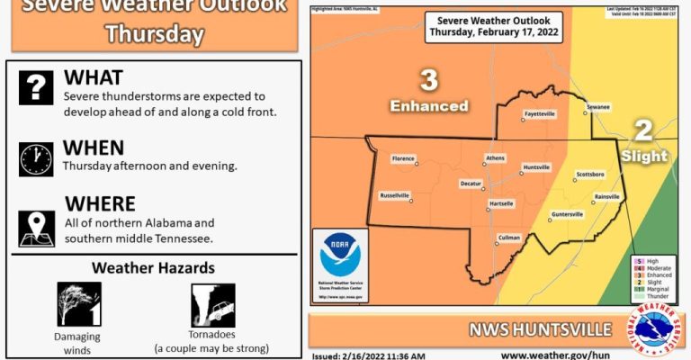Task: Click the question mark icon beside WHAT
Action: click(x=36, y=87)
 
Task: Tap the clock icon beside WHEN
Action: click(x=36, y=159)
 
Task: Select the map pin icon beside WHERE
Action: click(x=36, y=228)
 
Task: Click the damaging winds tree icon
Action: click(x=79, y=304)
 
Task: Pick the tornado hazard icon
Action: click(x=213, y=305)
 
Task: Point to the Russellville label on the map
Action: click(x=395, y=194)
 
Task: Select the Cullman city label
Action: click(x=509, y=237)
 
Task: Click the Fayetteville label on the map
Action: click(x=540, y=114)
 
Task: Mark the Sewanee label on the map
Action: click(x=598, y=107)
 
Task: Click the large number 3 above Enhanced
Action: click(x=429, y=81)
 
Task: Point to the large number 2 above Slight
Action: click(x=643, y=130)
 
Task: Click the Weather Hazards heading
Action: click(x=153, y=267)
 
